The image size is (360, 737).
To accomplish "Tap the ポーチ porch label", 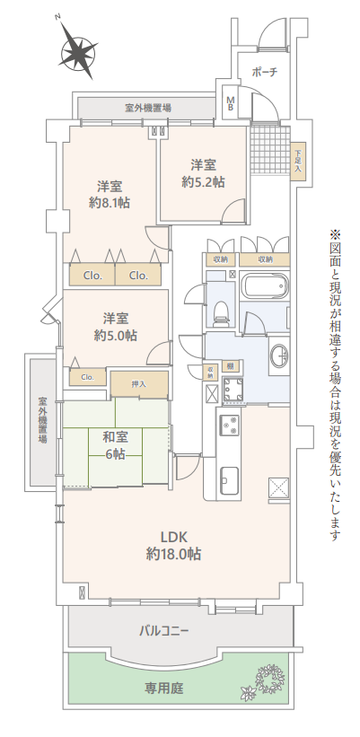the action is click(x=265, y=72).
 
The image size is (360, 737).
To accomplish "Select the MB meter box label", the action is click(x=231, y=103).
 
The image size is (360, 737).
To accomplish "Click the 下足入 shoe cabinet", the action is click(x=298, y=161).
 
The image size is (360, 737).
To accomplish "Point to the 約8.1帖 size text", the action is click(x=110, y=203).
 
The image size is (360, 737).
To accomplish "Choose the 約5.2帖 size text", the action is click(x=203, y=182).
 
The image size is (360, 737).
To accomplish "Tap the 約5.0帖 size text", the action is click(x=116, y=335).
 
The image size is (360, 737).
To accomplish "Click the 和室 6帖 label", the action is click(x=116, y=445).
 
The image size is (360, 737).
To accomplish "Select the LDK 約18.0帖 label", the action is click(x=174, y=545).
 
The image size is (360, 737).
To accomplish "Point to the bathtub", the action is click(x=264, y=284).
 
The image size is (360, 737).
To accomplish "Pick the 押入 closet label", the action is click(x=138, y=384).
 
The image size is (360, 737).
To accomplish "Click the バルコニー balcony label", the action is click(x=164, y=630).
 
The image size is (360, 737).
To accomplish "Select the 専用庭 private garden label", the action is click(x=163, y=689).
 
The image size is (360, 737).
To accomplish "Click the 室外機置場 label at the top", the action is click(x=147, y=108).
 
